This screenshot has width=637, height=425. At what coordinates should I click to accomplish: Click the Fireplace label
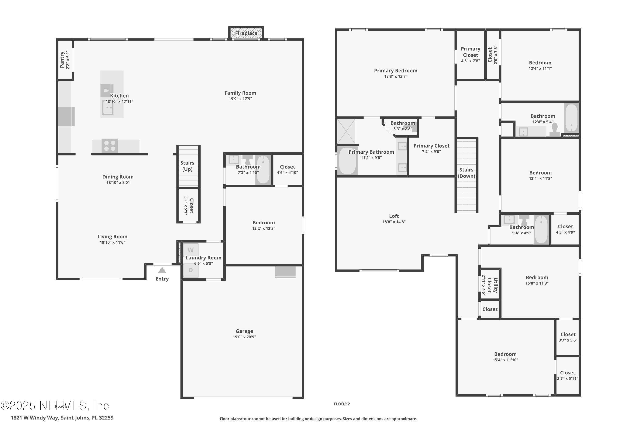(246, 33)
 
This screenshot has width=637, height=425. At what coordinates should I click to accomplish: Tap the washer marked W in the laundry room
(191, 250)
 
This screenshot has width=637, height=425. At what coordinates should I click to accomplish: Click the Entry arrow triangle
(162, 270)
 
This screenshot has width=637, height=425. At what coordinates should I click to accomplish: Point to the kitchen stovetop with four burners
(110, 146)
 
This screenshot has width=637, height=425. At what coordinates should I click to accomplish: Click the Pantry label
(62, 60)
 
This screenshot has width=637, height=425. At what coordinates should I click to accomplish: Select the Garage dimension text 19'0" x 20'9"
(244, 337)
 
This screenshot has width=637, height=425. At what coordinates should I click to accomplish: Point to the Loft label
(394, 216)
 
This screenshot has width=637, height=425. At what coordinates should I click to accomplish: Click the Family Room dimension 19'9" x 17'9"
(240, 99)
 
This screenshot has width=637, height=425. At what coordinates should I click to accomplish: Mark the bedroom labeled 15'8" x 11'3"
(537, 280)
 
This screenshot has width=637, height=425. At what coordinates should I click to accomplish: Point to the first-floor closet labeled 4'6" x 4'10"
(287, 169)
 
